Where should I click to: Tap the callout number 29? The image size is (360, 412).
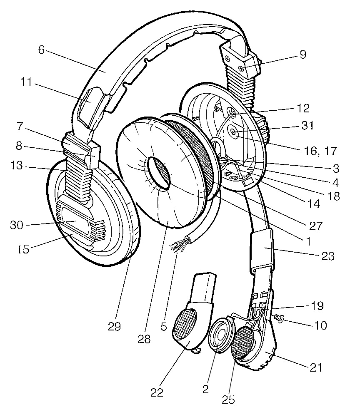(114, 326)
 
